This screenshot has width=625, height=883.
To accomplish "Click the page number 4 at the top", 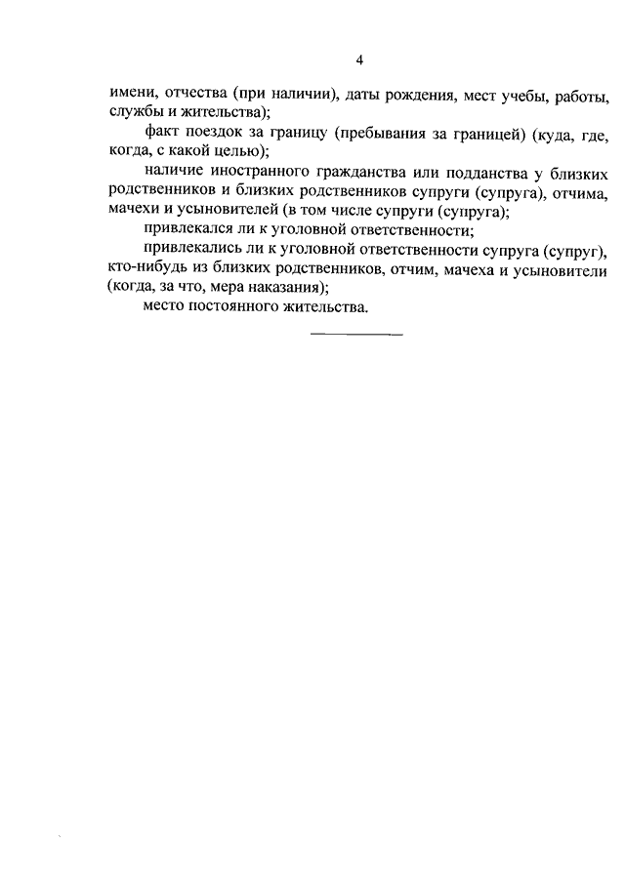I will click(x=359, y=60).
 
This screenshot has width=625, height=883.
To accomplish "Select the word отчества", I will click(x=192, y=98).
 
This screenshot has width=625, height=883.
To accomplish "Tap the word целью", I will click(x=240, y=151).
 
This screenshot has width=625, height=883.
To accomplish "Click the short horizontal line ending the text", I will click(x=356, y=335).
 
